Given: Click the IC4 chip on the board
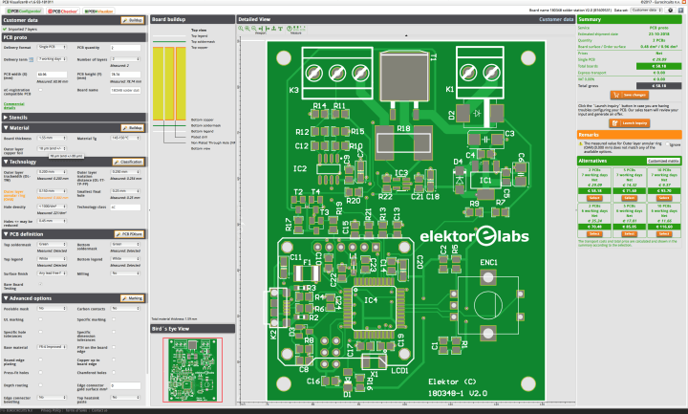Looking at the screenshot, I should [x=373, y=305].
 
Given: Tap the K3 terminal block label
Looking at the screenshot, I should [x=294, y=90].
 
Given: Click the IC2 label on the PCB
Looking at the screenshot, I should [x=300, y=168].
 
